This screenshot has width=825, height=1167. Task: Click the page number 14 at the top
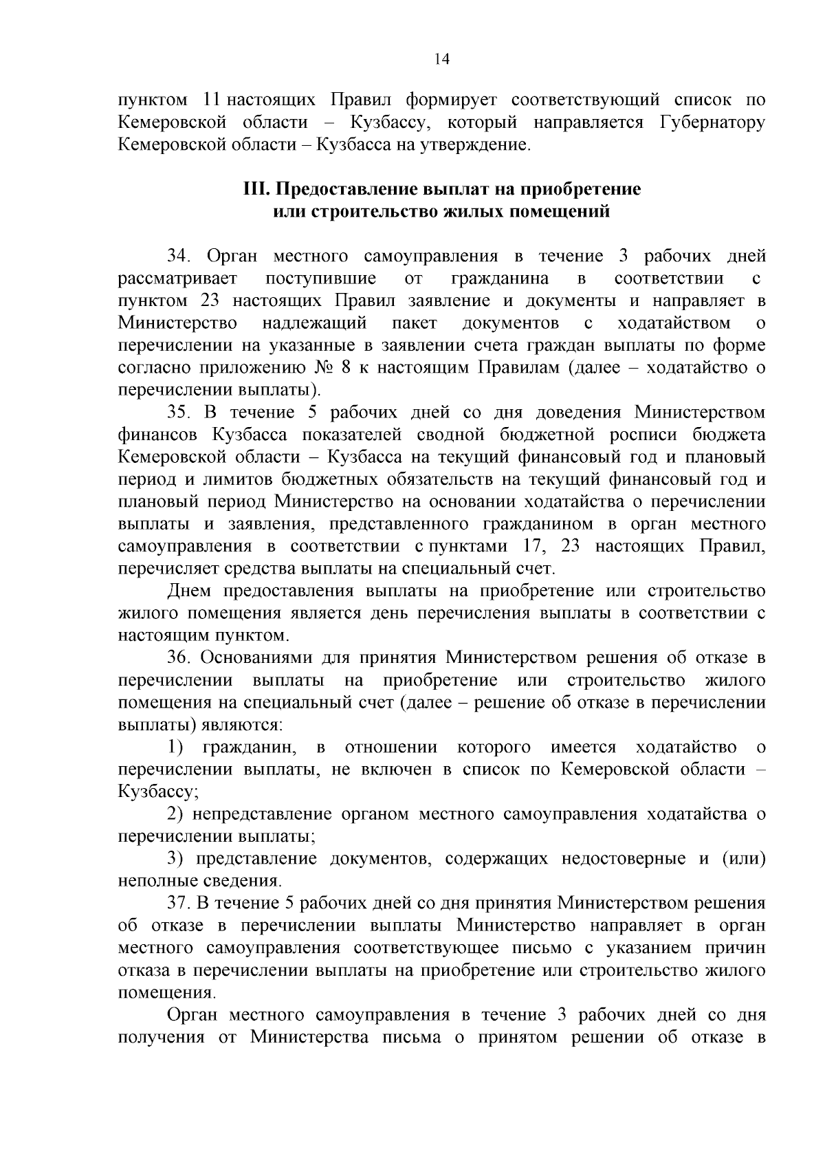click(442, 60)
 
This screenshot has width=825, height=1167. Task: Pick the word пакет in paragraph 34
click(415, 323)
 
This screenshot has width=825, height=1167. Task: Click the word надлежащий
click(314, 323)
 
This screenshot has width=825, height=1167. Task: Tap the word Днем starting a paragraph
click(188, 591)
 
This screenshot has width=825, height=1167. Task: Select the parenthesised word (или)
click(742, 859)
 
